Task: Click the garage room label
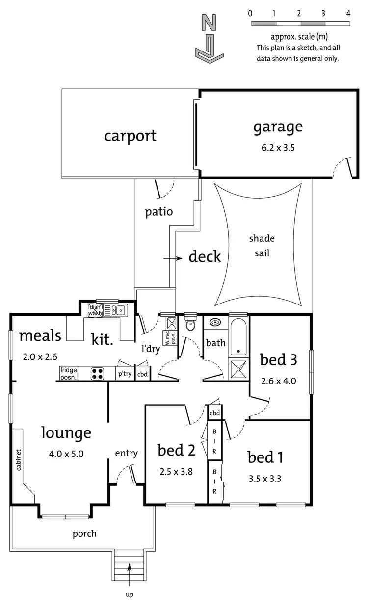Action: click(278, 127)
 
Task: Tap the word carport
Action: click(130, 135)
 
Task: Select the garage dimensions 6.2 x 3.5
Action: click(277, 147)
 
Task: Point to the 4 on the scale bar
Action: click(348, 13)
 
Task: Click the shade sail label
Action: click(262, 245)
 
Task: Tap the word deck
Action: click(205, 256)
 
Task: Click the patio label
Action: click(159, 212)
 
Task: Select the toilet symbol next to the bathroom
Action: click(190, 324)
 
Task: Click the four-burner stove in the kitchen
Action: click(97, 374)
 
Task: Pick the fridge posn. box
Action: click(69, 374)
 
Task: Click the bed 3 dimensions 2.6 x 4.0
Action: click(278, 380)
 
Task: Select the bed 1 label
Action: click(265, 457)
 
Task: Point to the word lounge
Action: click(66, 433)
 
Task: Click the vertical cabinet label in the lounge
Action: click(18, 460)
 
